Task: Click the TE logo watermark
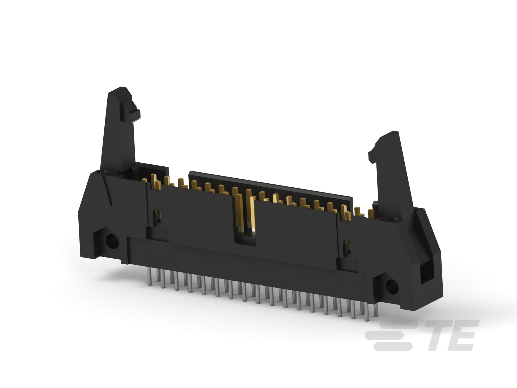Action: (x=422, y=335)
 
